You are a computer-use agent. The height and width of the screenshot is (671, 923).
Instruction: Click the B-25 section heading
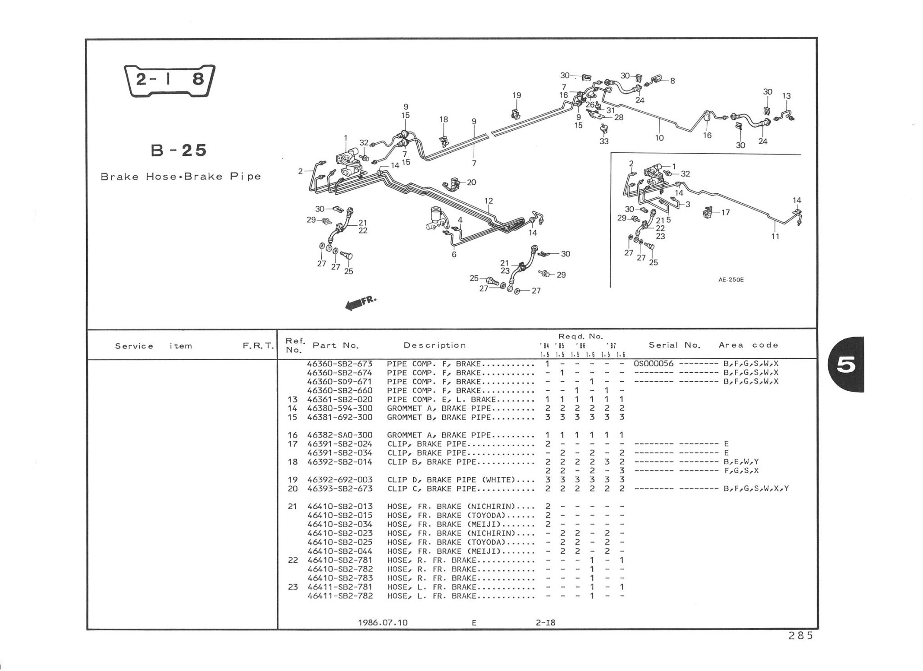[178, 151]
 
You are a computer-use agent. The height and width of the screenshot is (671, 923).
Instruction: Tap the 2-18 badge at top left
[169, 80]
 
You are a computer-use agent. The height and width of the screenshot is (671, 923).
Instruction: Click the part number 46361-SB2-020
[339, 399]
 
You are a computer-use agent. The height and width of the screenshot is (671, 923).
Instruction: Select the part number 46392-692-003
[339, 479]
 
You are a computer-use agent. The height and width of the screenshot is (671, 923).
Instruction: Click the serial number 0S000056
[653, 364]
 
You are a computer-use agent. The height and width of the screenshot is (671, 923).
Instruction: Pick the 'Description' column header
[434, 346]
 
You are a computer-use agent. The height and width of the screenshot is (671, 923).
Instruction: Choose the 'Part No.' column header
[335, 346]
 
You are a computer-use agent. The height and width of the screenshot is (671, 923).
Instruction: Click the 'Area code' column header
[748, 345]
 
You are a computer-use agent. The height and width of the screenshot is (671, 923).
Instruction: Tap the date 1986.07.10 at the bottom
[383, 622]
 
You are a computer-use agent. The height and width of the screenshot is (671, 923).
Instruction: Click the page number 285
[800, 635]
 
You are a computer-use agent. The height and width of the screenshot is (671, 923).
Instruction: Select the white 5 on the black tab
[845, 365]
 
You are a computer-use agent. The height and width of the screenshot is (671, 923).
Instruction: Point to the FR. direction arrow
[360, 303]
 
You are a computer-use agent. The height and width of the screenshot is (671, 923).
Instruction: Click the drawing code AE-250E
[731, 279]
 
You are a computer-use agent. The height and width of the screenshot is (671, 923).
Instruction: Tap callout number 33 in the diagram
[604, 141]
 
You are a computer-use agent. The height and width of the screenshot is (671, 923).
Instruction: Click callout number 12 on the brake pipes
[489, 201]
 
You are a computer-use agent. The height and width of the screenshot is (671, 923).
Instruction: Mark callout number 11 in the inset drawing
[775, 236]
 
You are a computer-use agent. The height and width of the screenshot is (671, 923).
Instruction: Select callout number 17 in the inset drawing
[725, 212]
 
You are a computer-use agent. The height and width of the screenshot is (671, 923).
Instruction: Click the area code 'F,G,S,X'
[741, 470]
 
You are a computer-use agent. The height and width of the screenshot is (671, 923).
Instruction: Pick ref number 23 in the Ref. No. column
[292, 587]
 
